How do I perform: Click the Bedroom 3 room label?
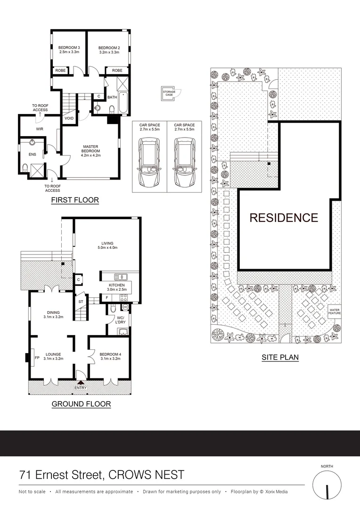69,48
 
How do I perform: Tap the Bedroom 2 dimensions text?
109,52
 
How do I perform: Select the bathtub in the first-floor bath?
123,103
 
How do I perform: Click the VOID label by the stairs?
69,118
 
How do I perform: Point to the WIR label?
40,129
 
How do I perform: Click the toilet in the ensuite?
25,167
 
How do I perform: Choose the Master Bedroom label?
90,148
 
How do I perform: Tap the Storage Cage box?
169,93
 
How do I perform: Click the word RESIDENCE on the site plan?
284,217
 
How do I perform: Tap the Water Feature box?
335,312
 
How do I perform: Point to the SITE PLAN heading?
280,357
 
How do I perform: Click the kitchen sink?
121,277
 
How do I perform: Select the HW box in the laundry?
125,307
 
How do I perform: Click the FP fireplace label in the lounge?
37,358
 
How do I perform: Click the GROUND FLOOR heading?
81,404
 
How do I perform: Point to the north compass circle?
327,484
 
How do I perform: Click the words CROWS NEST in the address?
146,475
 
